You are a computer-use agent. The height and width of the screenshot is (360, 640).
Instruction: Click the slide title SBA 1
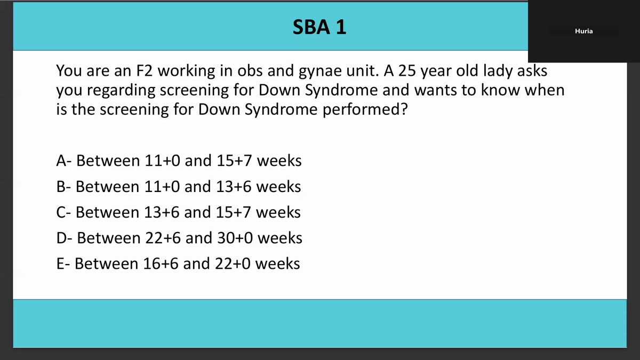pos(319,27)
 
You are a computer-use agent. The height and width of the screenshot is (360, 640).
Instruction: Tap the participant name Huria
pos(583,31)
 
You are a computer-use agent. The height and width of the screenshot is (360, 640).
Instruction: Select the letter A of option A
pos(62,161)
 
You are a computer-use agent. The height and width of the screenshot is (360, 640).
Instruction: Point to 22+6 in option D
pos(163,238)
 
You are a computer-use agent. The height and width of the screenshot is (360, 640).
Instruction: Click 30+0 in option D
pos(235,238)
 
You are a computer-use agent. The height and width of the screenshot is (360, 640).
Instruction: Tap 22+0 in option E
pos(233,263)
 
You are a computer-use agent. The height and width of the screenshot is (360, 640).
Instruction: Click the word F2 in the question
pos(145,70)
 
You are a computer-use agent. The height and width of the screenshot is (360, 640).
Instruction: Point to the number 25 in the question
pos(407,70)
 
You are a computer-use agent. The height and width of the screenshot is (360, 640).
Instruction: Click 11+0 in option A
pos(162,161)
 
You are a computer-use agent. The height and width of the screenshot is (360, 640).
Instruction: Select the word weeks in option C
pos(278,212)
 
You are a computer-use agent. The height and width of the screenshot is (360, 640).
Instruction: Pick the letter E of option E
pos(61,263)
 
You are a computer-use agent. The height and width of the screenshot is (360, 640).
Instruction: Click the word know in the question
pos(500,90)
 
